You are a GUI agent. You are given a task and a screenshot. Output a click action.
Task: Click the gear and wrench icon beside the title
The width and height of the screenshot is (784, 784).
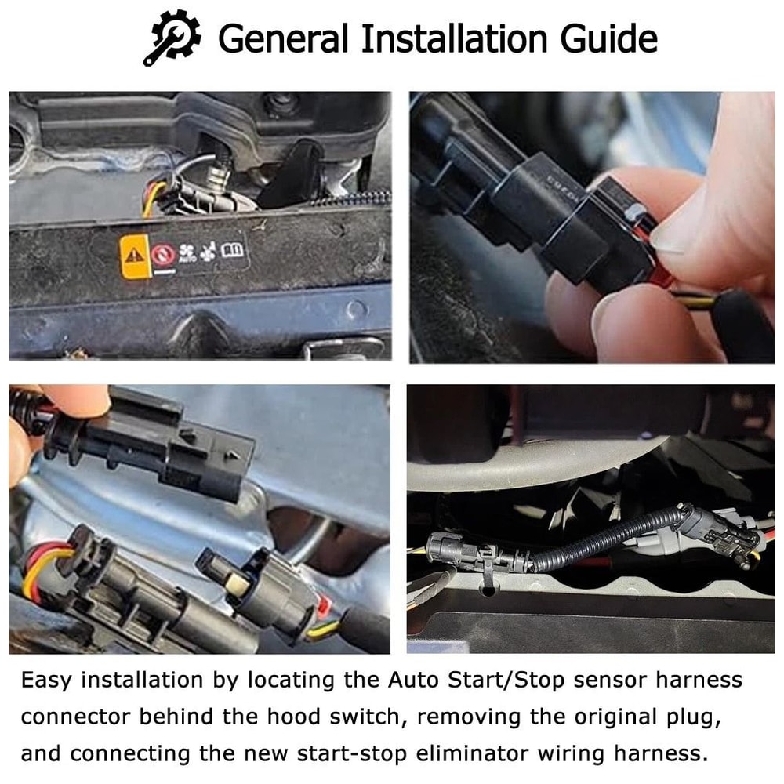(172, 38)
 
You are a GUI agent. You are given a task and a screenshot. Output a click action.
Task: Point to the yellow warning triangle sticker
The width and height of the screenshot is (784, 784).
(134, 256)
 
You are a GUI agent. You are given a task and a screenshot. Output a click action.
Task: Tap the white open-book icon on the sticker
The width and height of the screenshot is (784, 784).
(234, 251)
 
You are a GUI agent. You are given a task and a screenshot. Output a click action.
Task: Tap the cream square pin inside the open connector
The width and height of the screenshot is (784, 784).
(238, 581)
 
